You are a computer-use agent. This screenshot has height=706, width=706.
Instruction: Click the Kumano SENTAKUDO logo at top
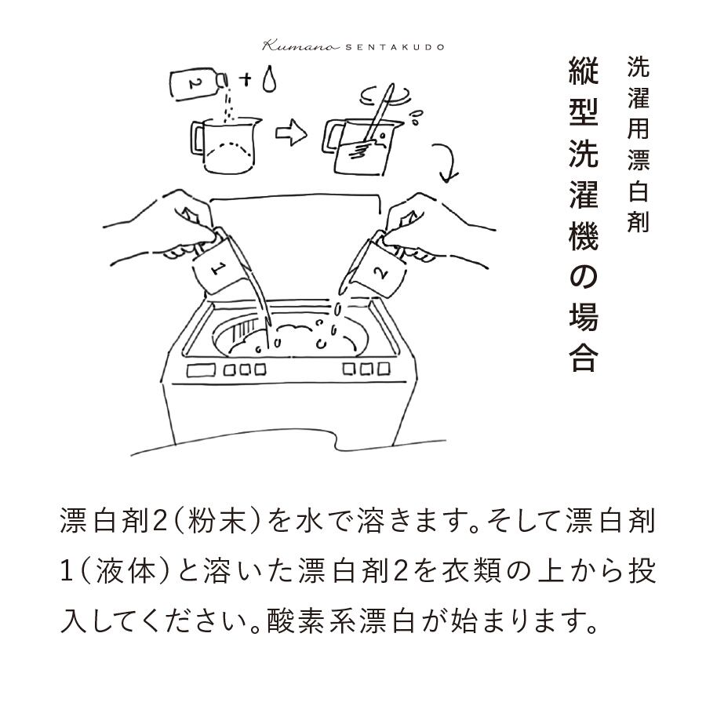353,45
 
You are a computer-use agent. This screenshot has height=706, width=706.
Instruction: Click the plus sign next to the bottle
246,79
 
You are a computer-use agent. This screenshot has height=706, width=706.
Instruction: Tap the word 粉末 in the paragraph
222,522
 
